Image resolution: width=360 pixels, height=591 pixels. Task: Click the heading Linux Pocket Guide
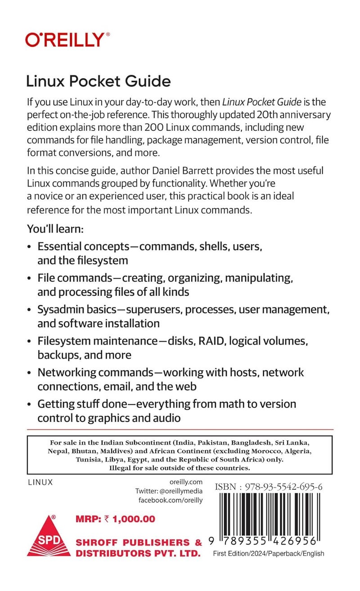point(98,81)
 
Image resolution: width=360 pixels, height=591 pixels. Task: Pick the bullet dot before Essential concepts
point(30,247)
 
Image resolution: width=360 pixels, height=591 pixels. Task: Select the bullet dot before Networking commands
point(30,373)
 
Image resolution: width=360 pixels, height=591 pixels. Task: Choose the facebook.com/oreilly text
point(171,500)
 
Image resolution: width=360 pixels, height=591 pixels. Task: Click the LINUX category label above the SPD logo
point(40,482)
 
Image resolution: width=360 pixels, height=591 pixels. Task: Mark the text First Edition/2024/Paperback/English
point(269,554)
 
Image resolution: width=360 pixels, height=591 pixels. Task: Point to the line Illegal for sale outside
point(180,468)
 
